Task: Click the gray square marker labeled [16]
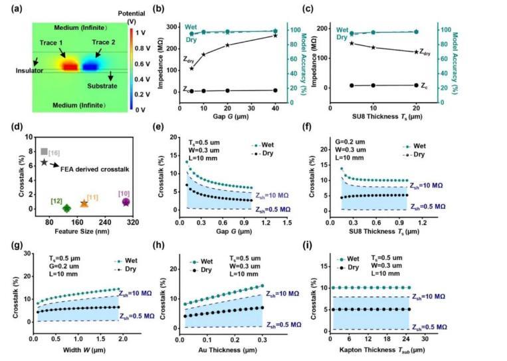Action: click(x=45, y=152)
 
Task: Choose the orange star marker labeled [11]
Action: click(x=84, y=203)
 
